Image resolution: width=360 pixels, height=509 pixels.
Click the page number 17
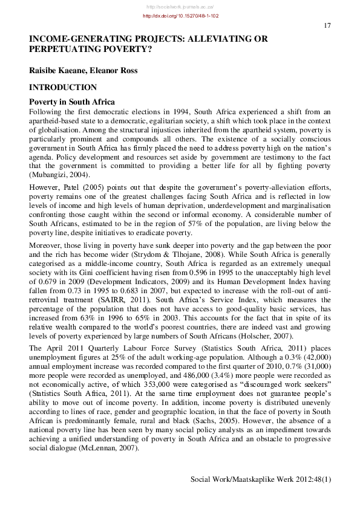(x=327, y=25)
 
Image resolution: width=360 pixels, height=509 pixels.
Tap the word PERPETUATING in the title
(x=67, y=51)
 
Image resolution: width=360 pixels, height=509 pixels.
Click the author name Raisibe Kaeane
(x=57, y=71)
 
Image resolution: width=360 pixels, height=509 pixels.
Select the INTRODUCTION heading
(x=63, y=88)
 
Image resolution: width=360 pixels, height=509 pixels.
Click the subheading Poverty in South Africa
(x=72, y=102)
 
